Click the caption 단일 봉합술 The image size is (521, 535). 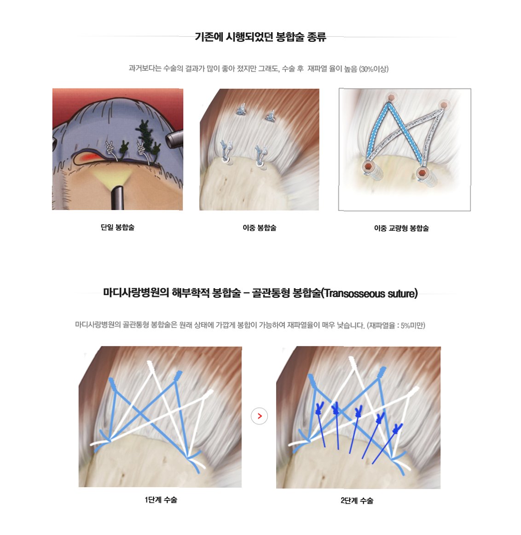118,227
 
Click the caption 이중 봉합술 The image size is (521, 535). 260,227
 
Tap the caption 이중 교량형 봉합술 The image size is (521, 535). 401,228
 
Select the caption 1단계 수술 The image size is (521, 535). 161,500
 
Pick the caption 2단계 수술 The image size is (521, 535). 357,500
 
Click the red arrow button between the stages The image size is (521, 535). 260,416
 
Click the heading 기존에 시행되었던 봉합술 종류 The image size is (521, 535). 260,36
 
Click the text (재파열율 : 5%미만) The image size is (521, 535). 396,326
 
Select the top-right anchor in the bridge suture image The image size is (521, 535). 443,105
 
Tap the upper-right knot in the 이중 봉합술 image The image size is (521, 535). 271,116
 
